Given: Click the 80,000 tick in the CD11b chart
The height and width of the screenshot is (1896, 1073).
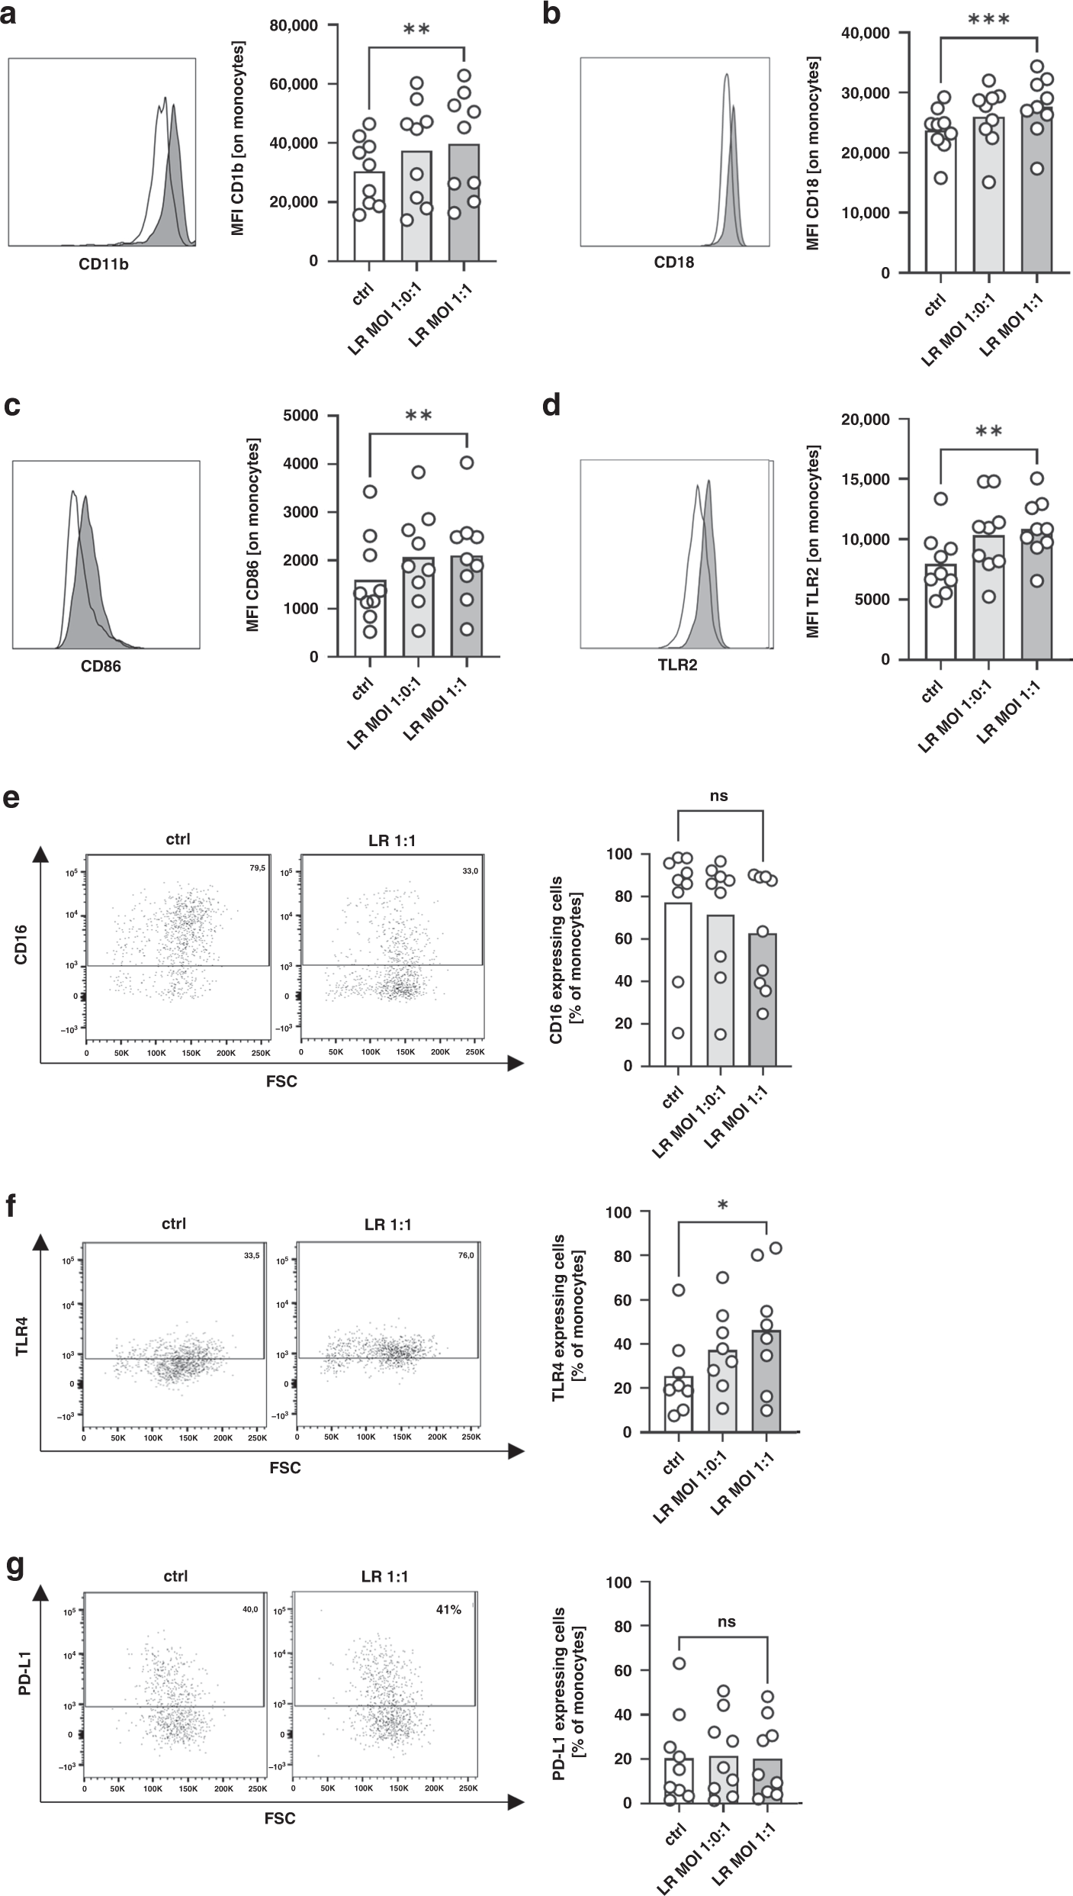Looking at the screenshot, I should (294, 25).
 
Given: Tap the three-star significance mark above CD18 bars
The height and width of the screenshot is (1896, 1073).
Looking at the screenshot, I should (988, 19).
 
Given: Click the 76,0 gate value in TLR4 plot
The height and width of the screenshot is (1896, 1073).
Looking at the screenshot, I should (467, 1263).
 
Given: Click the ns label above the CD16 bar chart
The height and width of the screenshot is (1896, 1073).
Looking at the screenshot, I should (718, 797).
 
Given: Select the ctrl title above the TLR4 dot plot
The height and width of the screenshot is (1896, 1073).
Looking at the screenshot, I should (174, 1224).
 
